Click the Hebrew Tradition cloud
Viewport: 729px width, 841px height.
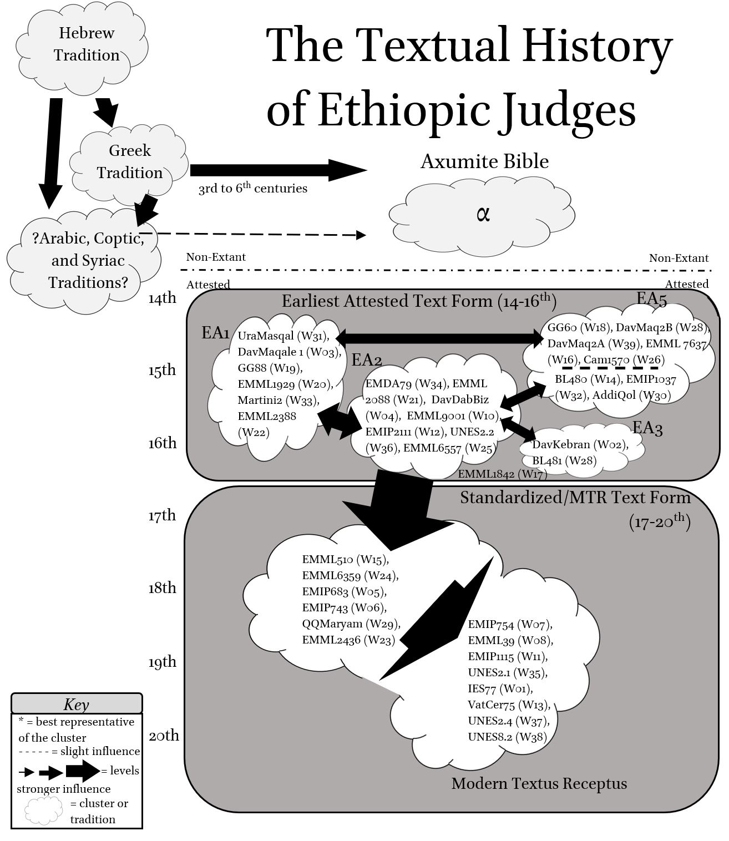(86, 44)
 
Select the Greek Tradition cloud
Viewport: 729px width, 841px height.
(130, 162)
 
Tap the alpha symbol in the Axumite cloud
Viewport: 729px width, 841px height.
(483, 214)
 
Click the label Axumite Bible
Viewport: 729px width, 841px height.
(484, 161)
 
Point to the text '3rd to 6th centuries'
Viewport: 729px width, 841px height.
(253, 189)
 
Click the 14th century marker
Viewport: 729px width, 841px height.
(162, 298)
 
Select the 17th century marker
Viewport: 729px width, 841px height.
(162, 515)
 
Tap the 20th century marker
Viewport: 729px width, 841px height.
(164, 736)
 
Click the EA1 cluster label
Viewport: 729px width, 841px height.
(215, 333)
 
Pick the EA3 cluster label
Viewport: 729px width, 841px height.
(647, 428)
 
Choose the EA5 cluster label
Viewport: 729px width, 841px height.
(651, 298)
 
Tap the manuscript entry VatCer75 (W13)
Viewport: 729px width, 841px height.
(509, 705)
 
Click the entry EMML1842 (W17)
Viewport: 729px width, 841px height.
(502, 474)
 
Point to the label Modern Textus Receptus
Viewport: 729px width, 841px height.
(539, 784)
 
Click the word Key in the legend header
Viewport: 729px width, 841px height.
(76, 705)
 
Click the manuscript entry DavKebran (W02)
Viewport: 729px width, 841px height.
(580, 444)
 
